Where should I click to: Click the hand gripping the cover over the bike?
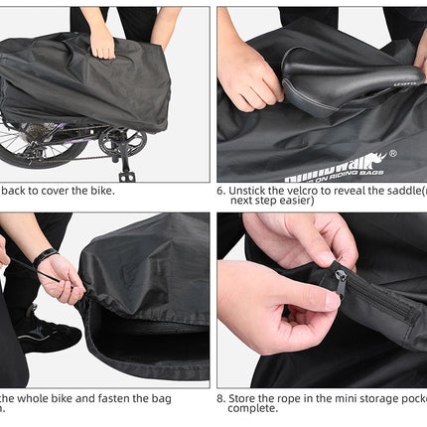click(x=102, y=41)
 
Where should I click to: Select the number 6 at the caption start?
click(x=219, y=190)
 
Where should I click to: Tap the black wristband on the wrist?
click(x=44, y=257)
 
